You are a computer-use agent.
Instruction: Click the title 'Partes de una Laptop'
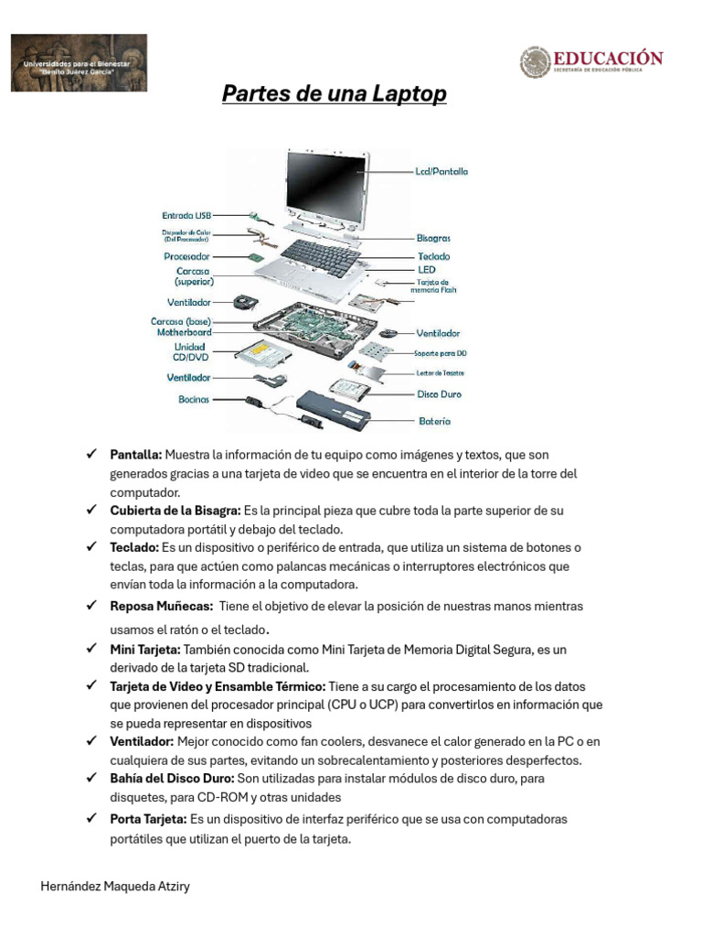pos(335,95)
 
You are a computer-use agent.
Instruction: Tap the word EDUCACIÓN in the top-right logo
pos(607,59)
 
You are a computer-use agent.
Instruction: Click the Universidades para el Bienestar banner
pos(79,63)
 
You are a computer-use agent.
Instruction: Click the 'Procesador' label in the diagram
pos(187,257)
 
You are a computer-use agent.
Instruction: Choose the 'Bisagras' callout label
pos(433,238)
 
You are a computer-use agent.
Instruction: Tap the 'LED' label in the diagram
pos(427,270)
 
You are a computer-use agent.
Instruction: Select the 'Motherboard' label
pos(184,333)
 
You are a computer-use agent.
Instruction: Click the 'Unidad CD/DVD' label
pos(190,353)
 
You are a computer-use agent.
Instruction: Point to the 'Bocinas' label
pos(194,399)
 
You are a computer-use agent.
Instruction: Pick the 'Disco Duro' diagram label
pos(439,394)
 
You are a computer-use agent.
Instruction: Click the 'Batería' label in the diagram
pos(433,422)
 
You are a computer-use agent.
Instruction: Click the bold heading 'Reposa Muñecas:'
pos(161,607)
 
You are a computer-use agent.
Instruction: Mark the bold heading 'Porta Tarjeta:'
pos(149,820)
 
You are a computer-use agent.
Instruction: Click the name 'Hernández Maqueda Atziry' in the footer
pos(116,887)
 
